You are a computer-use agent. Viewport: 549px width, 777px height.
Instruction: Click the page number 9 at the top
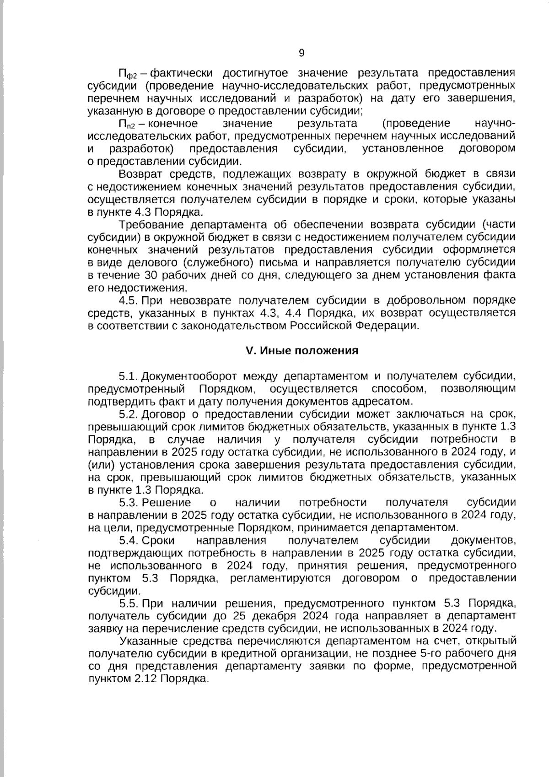point(301,53)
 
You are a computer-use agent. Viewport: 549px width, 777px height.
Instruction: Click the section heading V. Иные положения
point(302,351)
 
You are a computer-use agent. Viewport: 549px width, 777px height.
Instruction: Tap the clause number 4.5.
point(128,300)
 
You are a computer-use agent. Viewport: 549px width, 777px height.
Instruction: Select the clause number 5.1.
point(128,376)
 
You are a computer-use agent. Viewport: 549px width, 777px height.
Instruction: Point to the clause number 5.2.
point(128,414)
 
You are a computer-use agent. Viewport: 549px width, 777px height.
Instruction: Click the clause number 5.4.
point(128,540)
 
